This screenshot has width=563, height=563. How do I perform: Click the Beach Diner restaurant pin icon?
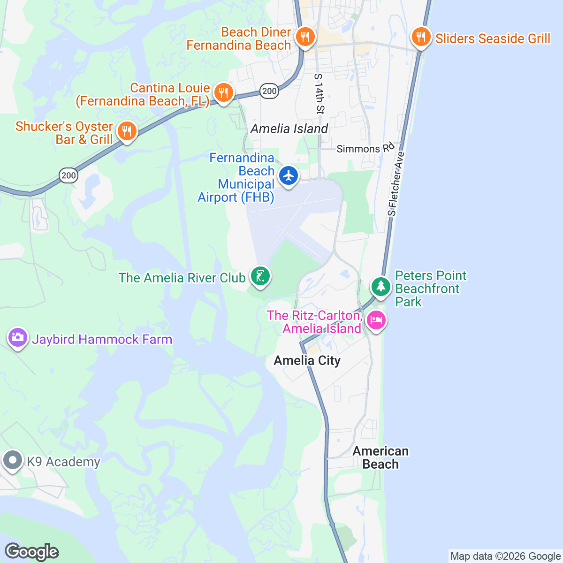(x=305, y=37)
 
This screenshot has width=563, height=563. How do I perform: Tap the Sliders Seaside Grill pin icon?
(x=421, y=37)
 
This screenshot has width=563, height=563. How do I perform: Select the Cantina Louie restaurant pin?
(x=224, y=92)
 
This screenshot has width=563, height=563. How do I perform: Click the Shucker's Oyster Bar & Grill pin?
(x=127, y=131)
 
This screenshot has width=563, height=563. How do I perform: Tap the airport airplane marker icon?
(x=288, y=176)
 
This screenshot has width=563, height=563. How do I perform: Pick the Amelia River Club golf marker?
(x=259, y=276)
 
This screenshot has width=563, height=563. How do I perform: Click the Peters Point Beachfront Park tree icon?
(x=380, y=286)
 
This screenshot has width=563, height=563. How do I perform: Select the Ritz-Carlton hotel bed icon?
(x=376, y=321)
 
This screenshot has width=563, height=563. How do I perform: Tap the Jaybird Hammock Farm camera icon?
(x=18, y=337)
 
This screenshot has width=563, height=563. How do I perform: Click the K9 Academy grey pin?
(x=12, y=460)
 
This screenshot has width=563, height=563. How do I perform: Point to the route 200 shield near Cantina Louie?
(x=269, y=91)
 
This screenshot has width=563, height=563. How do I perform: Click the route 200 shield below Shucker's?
(x=68, y=176)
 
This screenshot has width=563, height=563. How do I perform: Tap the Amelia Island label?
(x=289, y=129)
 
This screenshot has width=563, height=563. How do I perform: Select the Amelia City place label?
(x=307, y=360)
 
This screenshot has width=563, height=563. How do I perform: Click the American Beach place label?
(x=380, y=457)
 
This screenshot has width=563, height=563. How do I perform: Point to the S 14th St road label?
(x=320, y=94)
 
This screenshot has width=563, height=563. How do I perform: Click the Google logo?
(x=31, y=552)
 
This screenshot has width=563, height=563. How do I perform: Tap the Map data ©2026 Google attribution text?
(x=505, y=556)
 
